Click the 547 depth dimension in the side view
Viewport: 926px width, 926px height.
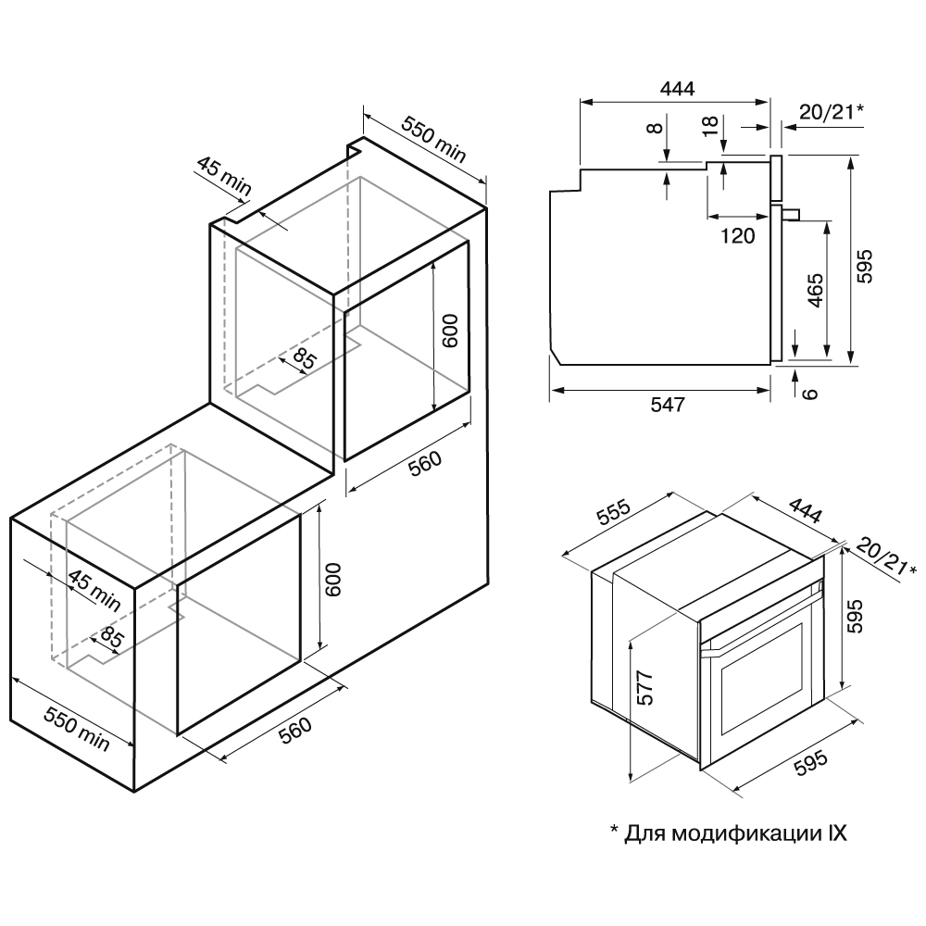(x=667, y=405)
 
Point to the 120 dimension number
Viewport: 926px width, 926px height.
(x=737, y=235)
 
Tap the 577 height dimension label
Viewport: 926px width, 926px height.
(x=645, y=687)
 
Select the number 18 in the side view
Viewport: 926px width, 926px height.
(x=711, y=126)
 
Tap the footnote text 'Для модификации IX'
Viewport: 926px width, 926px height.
(x=728, y=832)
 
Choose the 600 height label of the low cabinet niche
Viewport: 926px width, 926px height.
(x=335, y=581)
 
